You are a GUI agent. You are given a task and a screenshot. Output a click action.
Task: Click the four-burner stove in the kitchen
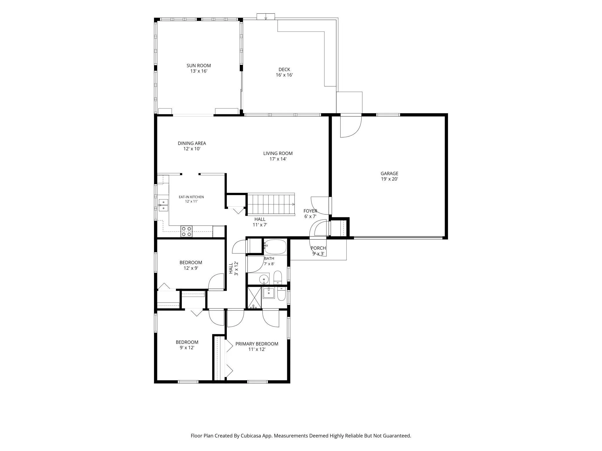click(x=186, y=231)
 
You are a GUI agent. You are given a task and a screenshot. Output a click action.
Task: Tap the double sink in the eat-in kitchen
click(x=163, y=205)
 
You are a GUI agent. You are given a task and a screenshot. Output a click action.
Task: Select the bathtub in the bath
click(x=275, y=247)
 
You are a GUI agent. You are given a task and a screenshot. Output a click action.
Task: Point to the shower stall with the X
click(x=254, y=297)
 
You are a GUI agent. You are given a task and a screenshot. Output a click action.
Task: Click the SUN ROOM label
click(x=199, y=66)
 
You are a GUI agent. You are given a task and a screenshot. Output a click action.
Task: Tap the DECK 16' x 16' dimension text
click(x=284, y=75)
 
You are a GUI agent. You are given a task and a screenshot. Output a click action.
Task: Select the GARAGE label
click(x=389, y=173)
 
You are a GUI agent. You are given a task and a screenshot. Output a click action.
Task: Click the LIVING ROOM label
click(x=278, y=153)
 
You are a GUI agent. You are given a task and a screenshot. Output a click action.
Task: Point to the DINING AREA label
click(x=192, y=143)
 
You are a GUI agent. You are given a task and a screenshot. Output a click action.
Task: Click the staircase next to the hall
click(x=271, y=204)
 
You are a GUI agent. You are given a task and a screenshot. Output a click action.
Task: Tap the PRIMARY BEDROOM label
click(x=257, y=344)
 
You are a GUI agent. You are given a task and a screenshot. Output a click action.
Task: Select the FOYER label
click(x=310, y=211)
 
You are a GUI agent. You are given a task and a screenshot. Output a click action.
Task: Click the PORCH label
click(x=318, y=248)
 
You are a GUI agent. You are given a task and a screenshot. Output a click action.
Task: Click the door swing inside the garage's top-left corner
click(x=351, y=127)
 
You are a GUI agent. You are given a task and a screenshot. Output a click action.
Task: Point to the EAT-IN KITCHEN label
click(x=191, y=197)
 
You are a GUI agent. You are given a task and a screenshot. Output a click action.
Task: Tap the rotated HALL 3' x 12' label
click(x=233, y=268)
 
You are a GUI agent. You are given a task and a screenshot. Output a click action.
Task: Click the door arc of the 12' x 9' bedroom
click(x=216, y=281)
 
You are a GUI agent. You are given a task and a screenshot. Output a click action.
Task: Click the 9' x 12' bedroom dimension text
click(x=187, y=348)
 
